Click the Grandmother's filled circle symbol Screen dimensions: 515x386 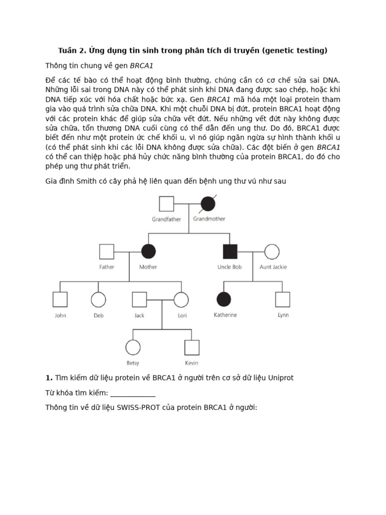208,204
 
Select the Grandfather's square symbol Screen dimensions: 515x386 166,204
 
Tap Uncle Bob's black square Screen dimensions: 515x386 230,251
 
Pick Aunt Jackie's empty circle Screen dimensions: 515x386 272,251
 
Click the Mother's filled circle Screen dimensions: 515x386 148,251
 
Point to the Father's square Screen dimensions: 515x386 107,251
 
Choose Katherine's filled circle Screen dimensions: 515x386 224,299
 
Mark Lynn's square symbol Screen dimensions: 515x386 282,299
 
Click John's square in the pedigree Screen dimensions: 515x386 60,299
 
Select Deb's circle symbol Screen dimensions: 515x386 98,299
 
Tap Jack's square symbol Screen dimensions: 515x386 139,299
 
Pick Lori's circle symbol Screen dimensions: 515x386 181,299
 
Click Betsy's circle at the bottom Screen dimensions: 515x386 133,347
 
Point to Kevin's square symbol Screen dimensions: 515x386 191,347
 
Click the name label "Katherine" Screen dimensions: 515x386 225,315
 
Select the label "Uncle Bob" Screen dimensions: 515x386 230,267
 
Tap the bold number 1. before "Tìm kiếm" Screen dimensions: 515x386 49,378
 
